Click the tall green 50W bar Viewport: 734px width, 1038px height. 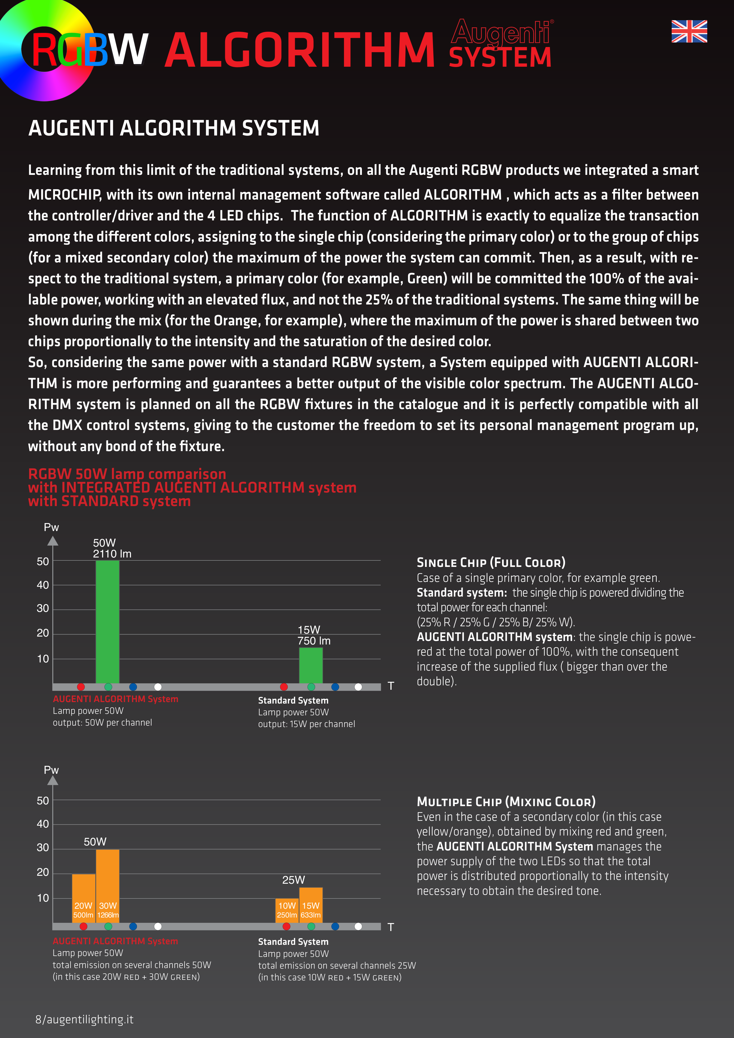108,622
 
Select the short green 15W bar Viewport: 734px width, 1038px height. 311,665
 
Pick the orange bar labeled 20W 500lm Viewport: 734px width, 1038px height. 84,898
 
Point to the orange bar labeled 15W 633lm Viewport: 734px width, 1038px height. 311,905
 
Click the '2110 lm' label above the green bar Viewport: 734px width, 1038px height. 112,554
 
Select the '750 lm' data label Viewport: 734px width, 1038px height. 314,641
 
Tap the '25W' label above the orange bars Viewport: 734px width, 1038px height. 293,880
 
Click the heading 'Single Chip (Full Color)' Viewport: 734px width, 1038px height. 491,562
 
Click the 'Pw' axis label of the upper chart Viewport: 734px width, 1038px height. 51,527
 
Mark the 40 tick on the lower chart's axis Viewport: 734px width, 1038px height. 43,824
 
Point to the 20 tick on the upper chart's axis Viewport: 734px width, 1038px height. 43,633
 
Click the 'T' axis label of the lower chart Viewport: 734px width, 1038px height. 391,927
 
